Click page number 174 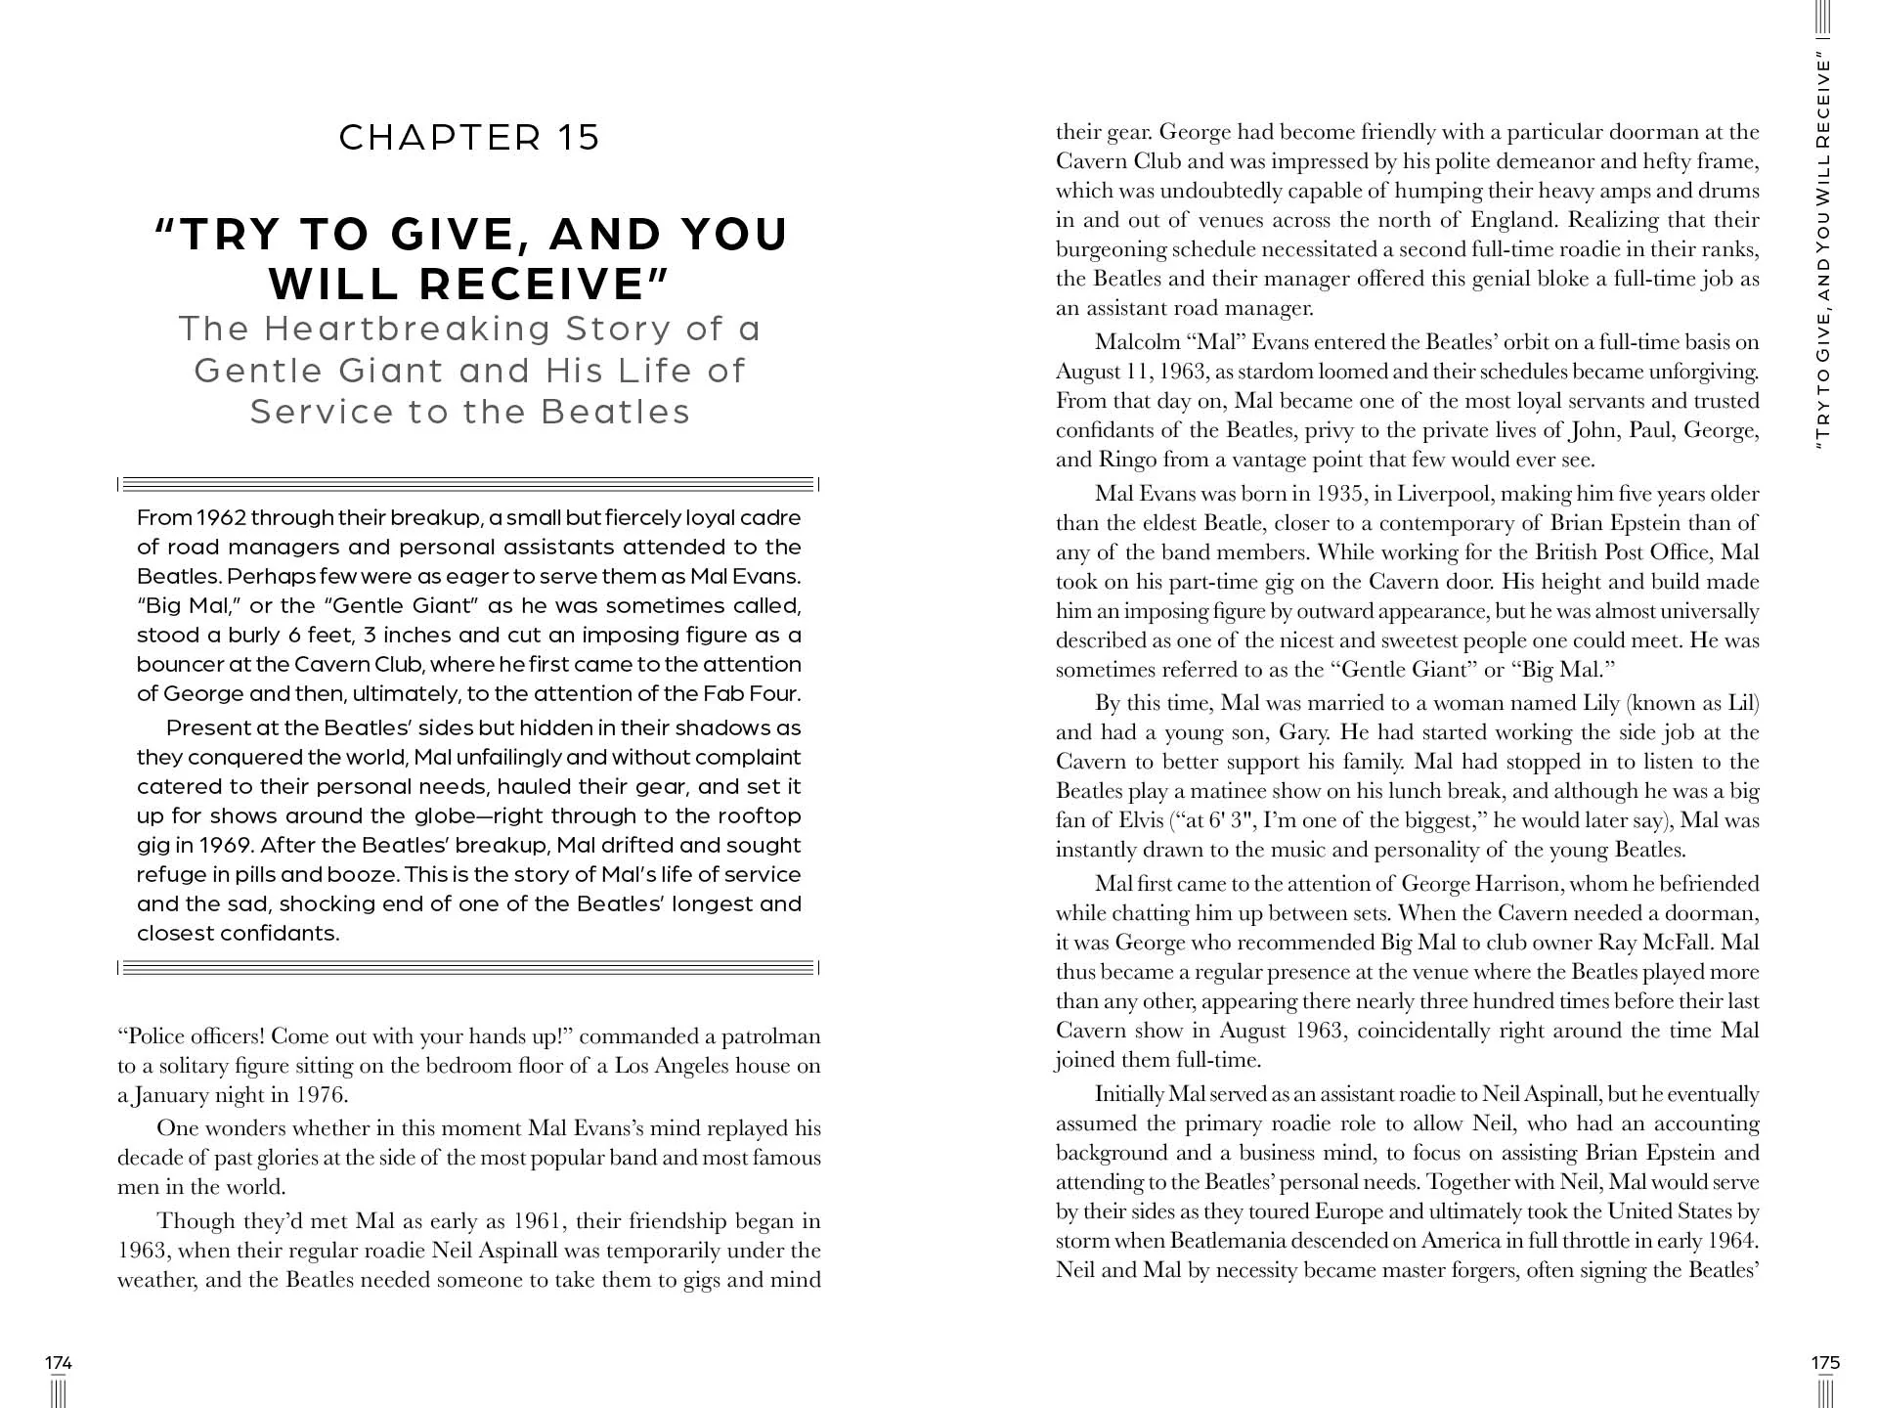(59, 1363)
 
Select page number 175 (1825, 1363)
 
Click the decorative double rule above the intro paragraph (468, 483)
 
